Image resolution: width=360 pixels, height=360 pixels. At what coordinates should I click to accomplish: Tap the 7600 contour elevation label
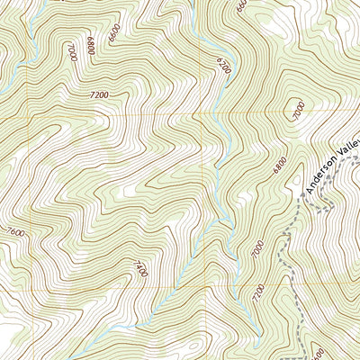point(15,233)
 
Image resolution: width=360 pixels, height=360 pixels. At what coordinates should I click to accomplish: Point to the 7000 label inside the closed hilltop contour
point(299,111)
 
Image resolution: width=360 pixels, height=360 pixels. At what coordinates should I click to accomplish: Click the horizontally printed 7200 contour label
point(100,94)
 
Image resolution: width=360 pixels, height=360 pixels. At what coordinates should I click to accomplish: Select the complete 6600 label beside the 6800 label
point(112,35)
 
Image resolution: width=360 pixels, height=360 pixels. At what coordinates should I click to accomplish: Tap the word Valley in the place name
point(349,144)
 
